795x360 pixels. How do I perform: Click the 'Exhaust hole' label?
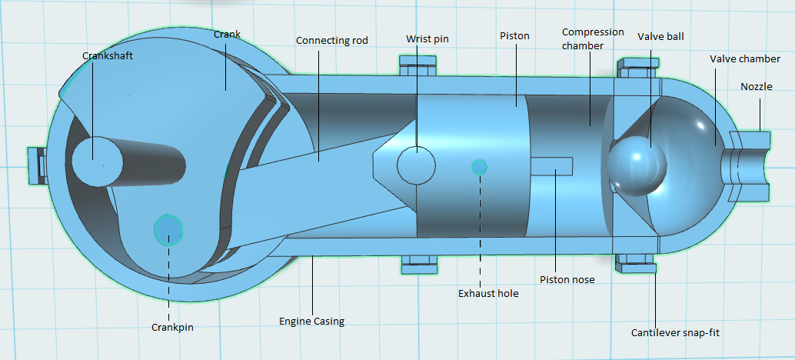(x=488, y=293)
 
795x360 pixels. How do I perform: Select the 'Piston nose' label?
(x=567, y=279)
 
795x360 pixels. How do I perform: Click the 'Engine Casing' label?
(x=311, y=321)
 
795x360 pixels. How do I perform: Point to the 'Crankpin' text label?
(x=171, y=327)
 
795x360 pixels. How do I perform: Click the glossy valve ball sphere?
(x=636, y=165)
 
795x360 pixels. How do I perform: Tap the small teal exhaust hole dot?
(x=479, y=167)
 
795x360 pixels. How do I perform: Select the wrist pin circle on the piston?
(x=416, y=165)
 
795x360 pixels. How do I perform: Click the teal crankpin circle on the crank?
(x=168, y=228)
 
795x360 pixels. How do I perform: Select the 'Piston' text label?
(x=514, y=36)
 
